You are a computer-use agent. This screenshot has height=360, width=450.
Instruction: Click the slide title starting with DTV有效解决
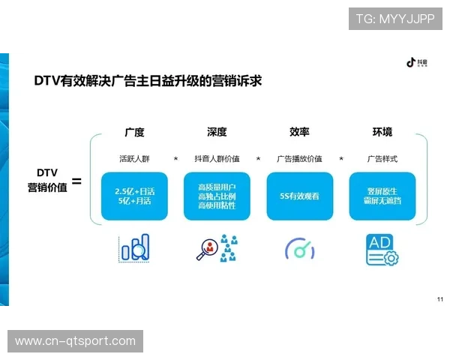(147, 80)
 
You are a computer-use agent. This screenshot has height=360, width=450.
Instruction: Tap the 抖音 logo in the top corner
(415, 63)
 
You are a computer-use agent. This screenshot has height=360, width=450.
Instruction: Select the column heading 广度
(134, 132)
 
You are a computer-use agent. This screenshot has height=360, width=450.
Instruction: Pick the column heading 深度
(217, 132)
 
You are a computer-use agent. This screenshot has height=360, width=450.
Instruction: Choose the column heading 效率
(299, 132)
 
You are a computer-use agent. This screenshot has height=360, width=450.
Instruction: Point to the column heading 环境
(382, 132)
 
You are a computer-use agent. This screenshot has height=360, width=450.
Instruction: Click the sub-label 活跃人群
(134, 159)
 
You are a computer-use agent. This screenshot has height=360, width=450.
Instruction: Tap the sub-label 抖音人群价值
(217, 159)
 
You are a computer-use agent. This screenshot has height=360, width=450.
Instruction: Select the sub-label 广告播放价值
(299, 159)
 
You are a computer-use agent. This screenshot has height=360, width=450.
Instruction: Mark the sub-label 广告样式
(382, 159)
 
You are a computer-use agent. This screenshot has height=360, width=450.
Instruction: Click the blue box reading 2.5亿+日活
(134, 196)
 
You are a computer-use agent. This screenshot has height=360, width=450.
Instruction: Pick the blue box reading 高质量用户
(217, 196)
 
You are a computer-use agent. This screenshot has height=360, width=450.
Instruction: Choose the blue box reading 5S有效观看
(299, 196)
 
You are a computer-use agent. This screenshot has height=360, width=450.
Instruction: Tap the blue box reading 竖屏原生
(382, 196)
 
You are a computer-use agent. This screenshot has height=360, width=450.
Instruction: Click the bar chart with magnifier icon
(135, 247)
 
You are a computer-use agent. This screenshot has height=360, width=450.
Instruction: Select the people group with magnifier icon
(217, 247)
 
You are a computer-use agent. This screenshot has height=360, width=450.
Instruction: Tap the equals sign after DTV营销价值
(76, 181)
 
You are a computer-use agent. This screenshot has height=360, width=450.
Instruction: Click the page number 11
(439, 298)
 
